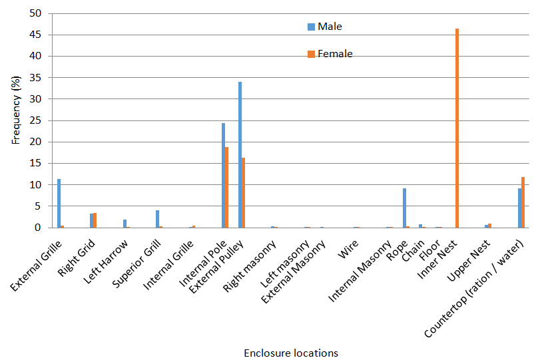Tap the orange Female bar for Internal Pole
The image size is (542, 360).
coord(227,187)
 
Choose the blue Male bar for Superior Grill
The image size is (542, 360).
coord(157,219)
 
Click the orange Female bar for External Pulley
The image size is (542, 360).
coord(243,192)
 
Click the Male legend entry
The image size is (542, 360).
coord(329,27)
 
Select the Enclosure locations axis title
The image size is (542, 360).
coord(290,353)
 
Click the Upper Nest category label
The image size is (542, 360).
coord(473,256)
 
